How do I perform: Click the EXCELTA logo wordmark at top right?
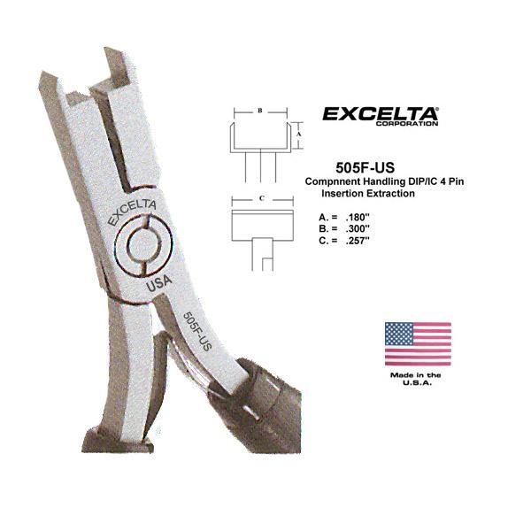[380, 114]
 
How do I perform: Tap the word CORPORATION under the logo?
[407, 124]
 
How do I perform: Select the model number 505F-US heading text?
[365, 167]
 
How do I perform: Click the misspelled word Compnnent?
[333, 181]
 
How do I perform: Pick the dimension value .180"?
[357, 217]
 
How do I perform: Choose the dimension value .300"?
[358, 228]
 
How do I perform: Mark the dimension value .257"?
[358, 241]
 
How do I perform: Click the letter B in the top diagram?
[260, 111]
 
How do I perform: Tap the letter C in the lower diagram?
[261, 198]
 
